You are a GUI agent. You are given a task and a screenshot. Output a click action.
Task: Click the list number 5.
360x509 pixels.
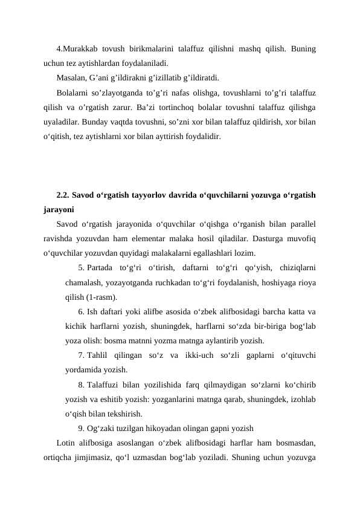81,268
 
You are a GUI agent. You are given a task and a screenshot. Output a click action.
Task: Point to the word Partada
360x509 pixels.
100,268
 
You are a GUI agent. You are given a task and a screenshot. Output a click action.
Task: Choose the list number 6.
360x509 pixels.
81,312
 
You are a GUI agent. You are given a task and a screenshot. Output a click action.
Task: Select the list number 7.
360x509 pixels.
81,355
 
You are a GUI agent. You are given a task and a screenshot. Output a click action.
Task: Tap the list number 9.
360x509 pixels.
81,429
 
